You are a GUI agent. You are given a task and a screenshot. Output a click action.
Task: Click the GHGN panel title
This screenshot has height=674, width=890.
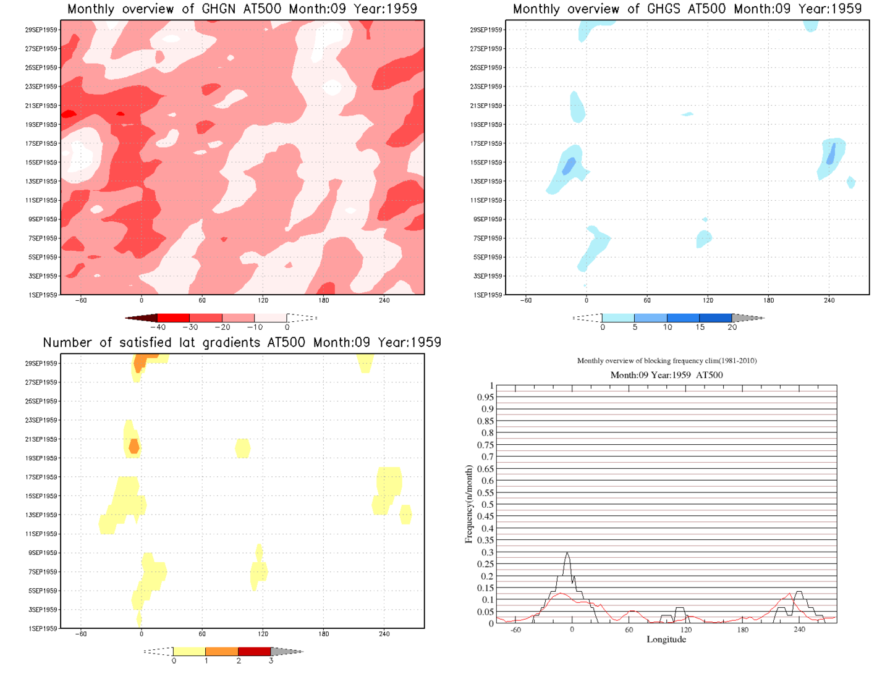point(242,9)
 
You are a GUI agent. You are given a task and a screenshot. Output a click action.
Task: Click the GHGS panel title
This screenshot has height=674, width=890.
point(687,9)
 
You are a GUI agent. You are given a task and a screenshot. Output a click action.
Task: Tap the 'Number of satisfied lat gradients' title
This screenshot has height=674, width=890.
point(242,343)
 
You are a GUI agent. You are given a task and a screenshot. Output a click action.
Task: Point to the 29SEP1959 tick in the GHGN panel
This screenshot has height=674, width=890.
point(41,30)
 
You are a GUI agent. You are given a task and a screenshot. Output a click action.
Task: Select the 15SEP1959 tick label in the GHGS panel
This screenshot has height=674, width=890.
point(486,162)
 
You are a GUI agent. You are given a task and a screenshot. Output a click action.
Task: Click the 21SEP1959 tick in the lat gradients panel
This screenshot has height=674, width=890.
point(41,439)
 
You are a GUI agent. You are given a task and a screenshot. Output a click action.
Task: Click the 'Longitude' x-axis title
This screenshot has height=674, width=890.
point(666,639)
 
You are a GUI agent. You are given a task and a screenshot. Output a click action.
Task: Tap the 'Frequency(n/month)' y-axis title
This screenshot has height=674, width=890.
point(468,504)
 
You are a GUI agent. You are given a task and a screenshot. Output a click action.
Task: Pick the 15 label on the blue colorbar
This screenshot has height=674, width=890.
point(700,327)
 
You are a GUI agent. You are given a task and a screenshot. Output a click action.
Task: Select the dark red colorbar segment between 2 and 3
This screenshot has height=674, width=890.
point(254,651)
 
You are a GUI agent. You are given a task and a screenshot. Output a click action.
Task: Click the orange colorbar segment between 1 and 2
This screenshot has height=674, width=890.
point(221,651)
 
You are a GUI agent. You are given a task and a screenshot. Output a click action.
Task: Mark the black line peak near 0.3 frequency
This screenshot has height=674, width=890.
point(567,553)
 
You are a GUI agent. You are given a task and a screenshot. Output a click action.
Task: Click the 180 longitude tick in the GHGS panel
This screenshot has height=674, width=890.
point(768,300)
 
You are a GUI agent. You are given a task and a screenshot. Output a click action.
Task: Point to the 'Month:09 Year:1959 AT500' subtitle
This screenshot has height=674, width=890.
point(666,375)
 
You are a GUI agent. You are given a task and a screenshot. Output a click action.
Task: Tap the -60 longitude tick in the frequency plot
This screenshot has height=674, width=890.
point(515,630)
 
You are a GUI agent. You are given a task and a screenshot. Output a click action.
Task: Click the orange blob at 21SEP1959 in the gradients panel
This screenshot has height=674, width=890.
point(133,446)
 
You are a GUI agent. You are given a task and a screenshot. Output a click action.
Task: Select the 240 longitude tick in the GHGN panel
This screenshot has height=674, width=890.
point(384,300)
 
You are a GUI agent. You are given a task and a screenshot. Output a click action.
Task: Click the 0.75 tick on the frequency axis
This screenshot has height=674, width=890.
point(486,445)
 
